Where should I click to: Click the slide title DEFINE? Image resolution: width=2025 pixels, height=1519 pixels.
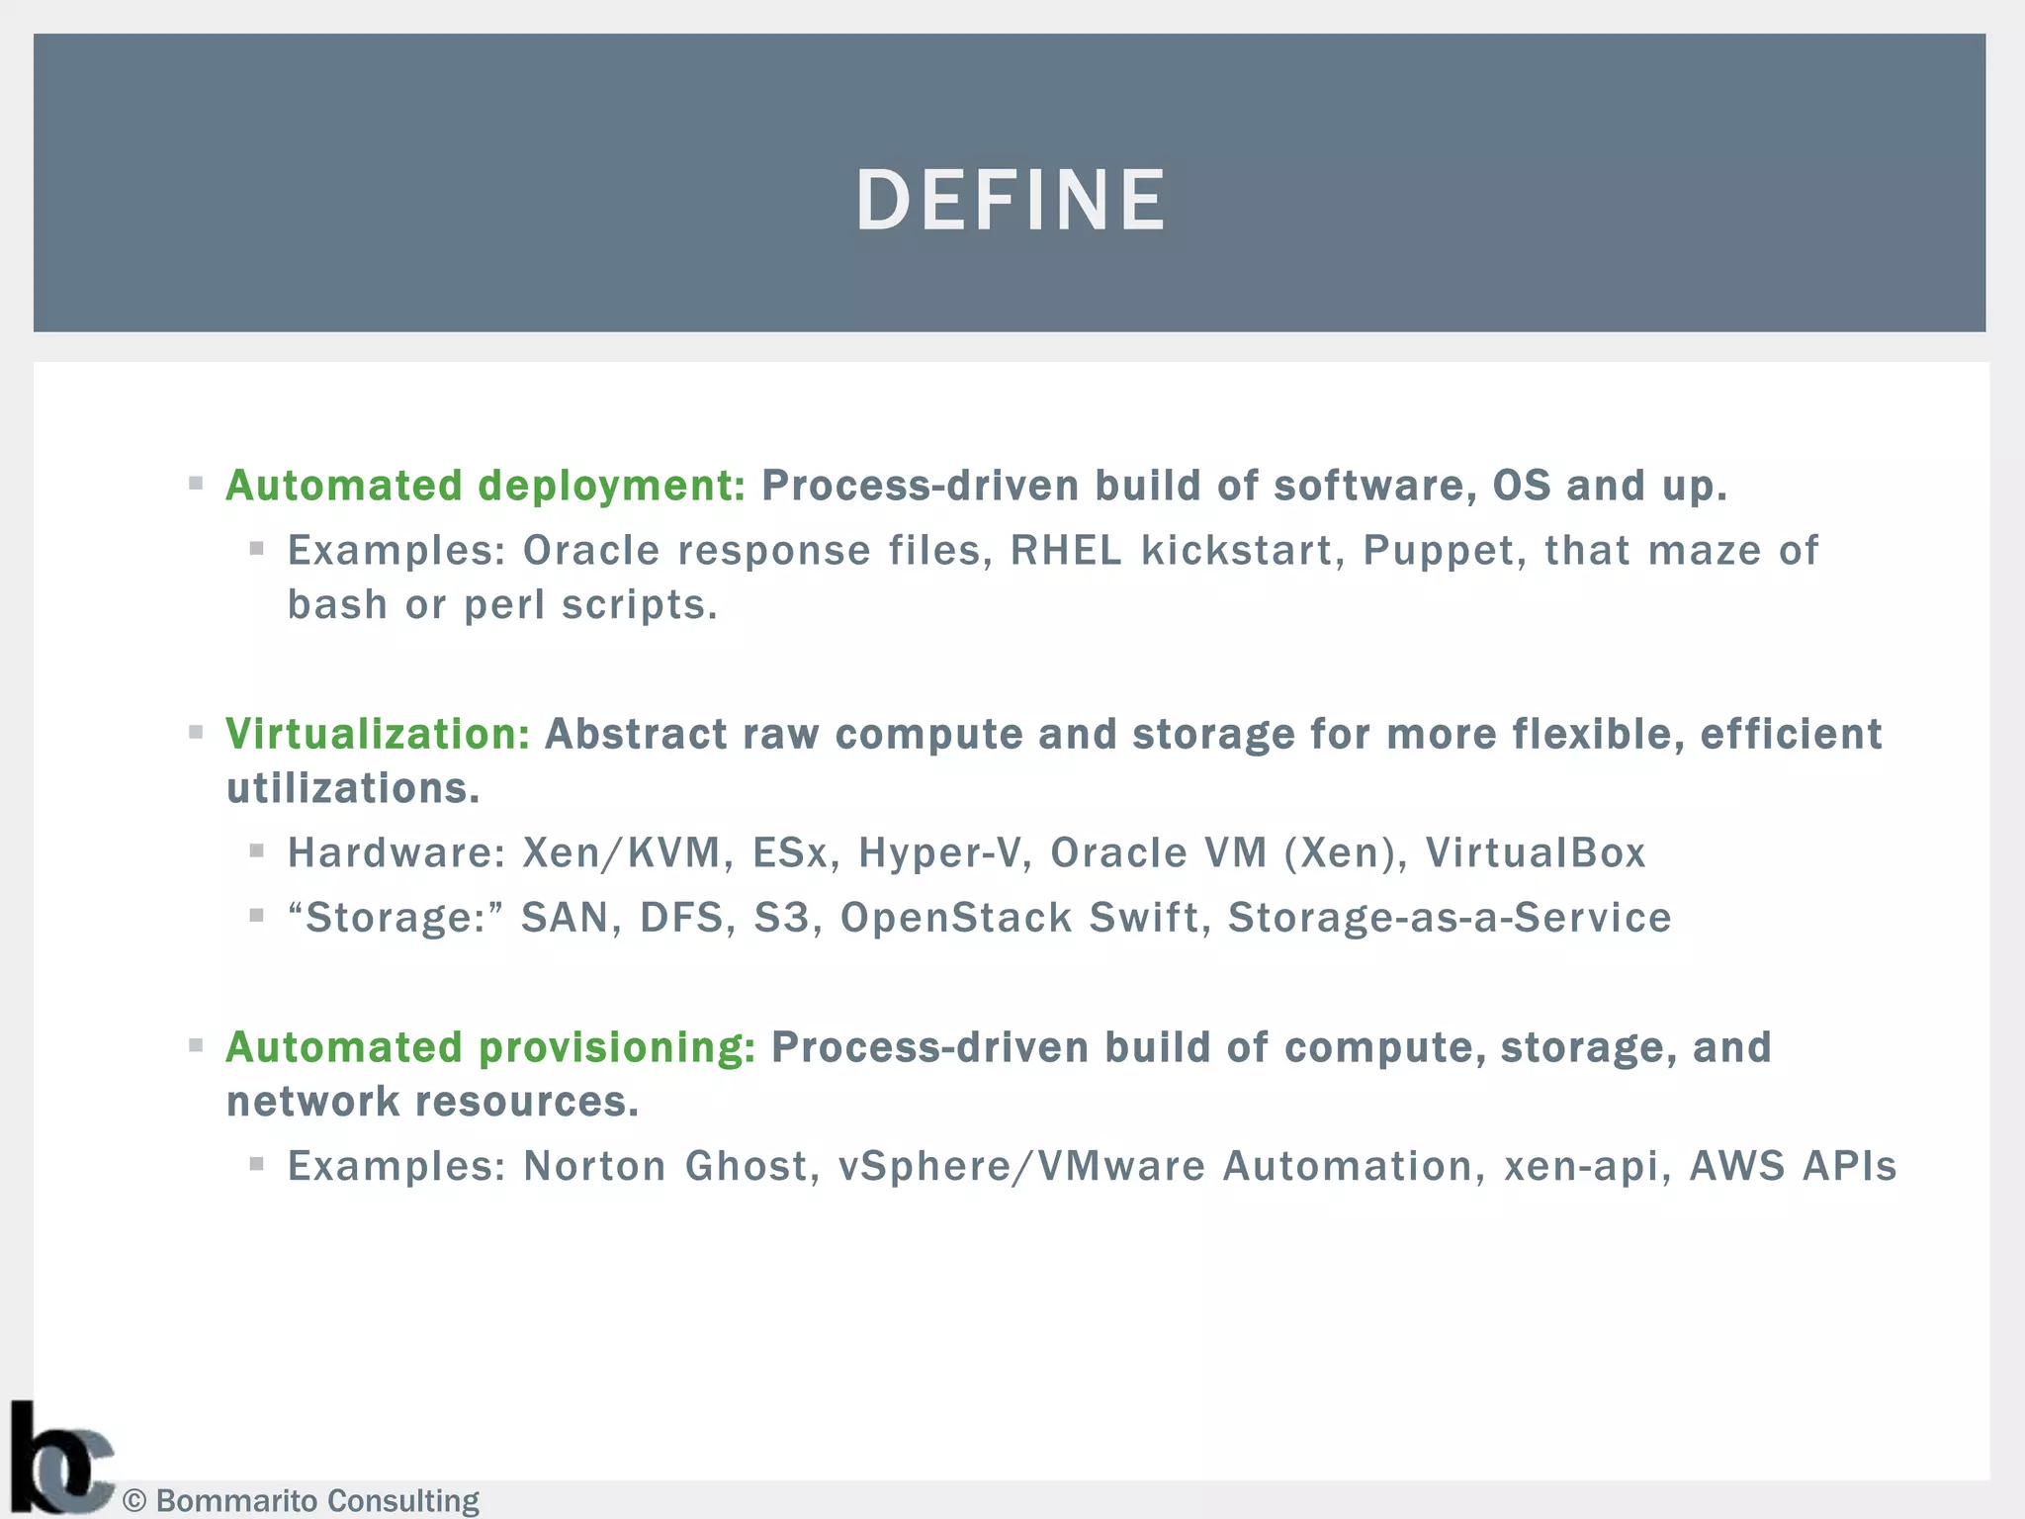[1011, 201]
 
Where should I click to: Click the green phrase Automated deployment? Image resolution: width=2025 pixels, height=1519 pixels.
[485, 486]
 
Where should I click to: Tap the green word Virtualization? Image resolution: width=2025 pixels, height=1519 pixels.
[378, 734]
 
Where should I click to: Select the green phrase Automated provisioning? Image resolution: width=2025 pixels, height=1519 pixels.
[490, 1047]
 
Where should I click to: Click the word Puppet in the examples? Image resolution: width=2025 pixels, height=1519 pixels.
[1438, 551]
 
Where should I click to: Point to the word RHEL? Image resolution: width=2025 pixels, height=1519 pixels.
[1066, 551]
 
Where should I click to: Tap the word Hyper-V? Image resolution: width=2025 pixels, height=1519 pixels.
[938, 852]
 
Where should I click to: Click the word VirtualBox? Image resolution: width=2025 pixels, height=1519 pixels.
[1535, 852]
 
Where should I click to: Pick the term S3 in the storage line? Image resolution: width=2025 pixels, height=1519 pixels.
[781, 918]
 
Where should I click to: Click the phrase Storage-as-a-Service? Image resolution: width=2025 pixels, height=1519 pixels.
[1449, 918]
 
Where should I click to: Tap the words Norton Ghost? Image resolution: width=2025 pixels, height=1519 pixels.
[665, 1166]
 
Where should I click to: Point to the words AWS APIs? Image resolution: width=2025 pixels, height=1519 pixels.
[1792, 1166]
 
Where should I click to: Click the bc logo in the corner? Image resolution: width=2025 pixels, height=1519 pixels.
[59, 1460]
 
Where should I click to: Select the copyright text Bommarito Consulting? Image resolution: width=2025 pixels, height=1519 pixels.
[316, 1500]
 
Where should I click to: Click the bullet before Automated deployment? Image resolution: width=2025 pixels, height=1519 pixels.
[196, 484]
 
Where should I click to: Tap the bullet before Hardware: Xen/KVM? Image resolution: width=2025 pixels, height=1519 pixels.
[257, 850]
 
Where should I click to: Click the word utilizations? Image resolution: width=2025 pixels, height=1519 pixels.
[352, 789]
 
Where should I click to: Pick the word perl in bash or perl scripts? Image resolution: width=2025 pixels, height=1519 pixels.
[504, 605]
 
